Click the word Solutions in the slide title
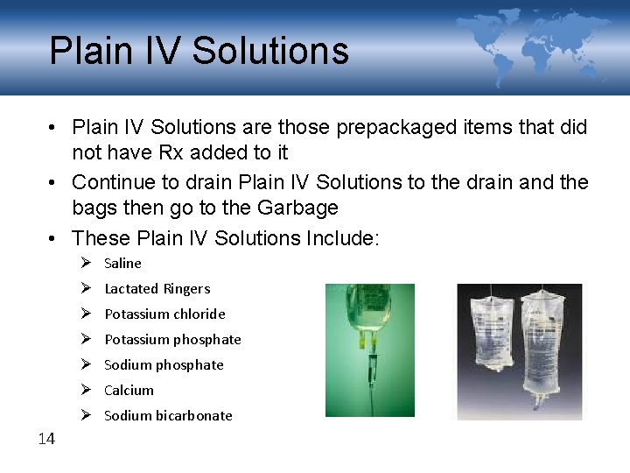pos(270,51)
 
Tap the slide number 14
pos(46,439)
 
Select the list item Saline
pos(122,263)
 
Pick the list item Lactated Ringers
pos(157,288)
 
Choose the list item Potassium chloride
pos(164,314)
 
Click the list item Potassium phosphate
pos(172,339)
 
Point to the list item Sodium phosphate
pos(164,364)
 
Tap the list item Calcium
pos(129,390)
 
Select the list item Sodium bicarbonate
pos(168,415)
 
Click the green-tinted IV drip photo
pos(369,350)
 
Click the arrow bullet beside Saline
pos(85,263)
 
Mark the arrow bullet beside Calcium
pos(85,390)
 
